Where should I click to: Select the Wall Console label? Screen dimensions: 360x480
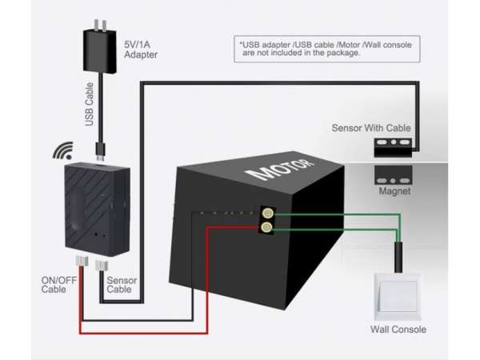[398, 330]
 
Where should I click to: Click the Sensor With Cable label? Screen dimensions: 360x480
[371, 128]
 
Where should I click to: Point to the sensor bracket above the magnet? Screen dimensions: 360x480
[394, 146]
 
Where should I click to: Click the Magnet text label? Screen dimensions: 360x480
[394, 192]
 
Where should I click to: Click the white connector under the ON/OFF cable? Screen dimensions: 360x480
[80, 262]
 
